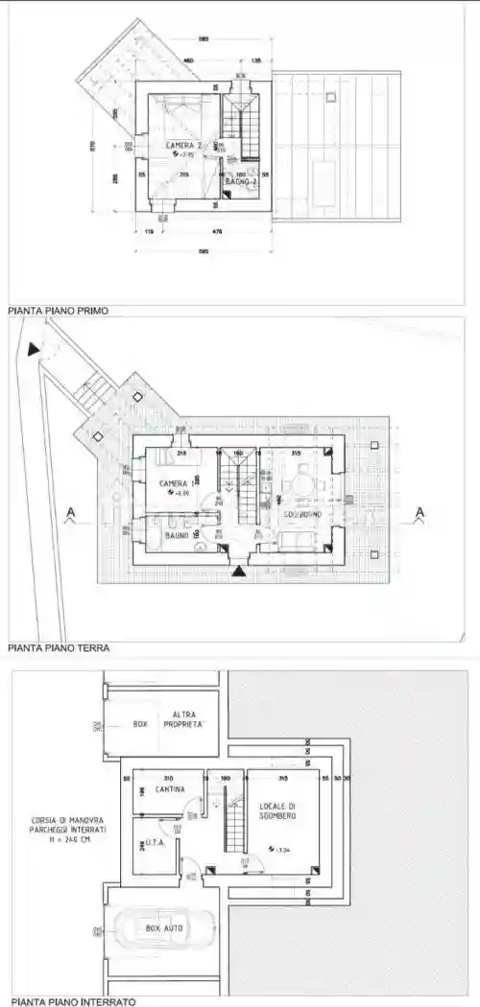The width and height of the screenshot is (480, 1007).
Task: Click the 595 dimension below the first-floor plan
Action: [x=203, y=252]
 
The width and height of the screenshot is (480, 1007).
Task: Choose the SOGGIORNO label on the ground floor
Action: [x=301, y=515]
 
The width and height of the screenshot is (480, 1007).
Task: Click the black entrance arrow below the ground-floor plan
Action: [x=237, y=572]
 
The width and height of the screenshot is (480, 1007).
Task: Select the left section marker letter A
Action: [x=69, y=515]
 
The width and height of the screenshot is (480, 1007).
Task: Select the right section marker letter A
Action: [x=419, y=515]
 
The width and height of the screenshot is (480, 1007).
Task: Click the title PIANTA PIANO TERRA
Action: [x=58, y=648]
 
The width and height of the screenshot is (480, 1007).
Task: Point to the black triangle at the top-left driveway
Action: [x=35, y=350]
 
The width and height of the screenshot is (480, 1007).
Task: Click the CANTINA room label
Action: [x=171, y=789]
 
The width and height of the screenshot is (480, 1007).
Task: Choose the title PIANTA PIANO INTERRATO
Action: [x=70, y=1001]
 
